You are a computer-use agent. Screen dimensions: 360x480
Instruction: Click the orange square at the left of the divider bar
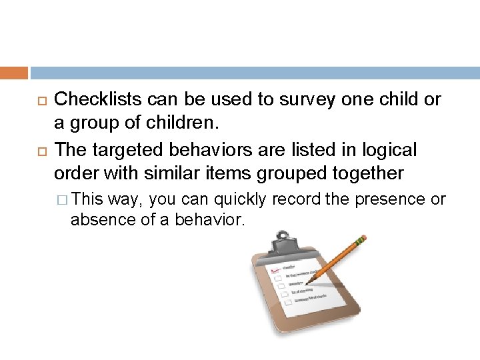(x=14, y=73)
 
